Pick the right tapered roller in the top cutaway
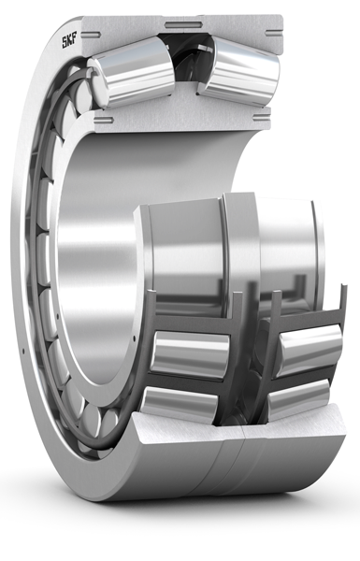pos(240,72)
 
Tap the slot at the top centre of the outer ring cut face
pos(185,19)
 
